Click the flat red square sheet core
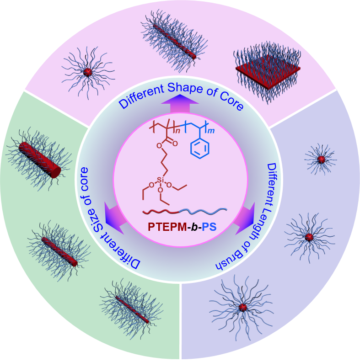(268, 70)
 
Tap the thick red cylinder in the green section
(40, 159)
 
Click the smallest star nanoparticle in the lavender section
(321, 159)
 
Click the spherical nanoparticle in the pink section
(87, 72)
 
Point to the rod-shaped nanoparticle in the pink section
(174, 41)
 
